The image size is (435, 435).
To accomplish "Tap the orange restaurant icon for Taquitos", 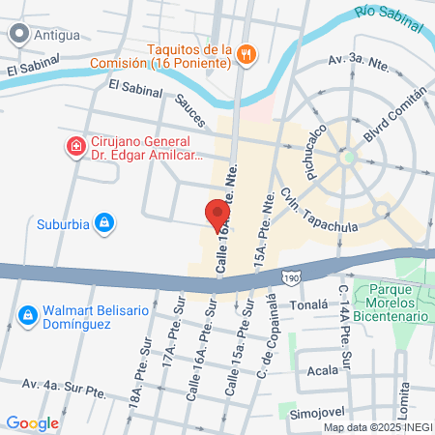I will click(x=246, y=55).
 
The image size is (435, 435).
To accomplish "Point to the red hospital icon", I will click(x=74, y=147).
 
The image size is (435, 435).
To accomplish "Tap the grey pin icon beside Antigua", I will click(x=17, y=34).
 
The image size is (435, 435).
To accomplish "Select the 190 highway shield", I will click(x=292, y=277).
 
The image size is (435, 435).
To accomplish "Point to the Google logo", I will click(x=33, y=422).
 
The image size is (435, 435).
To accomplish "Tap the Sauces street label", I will click(x=190, y=114).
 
